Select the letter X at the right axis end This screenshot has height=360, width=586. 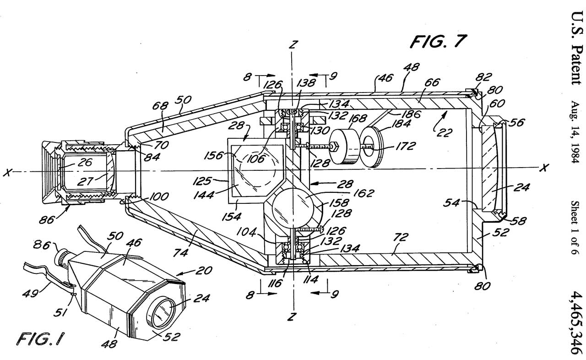543,168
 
